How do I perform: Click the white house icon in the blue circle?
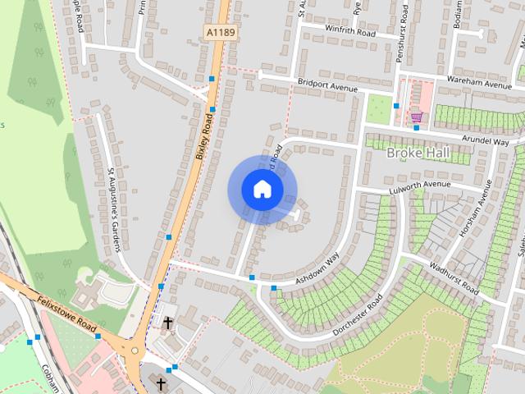[x=262, y=190]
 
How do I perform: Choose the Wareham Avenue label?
[x=479, y=84]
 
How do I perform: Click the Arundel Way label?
[x=485, y=141]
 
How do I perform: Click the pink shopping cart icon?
[x=417, y=116]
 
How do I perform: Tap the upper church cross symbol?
[x=168, y=323]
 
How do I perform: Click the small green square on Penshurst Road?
[x=378, y=108]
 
